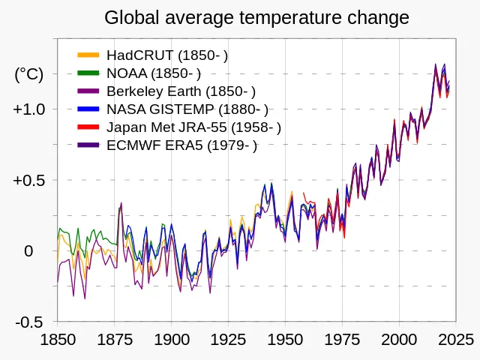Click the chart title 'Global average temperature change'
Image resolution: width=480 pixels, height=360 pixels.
[x=256, y=17]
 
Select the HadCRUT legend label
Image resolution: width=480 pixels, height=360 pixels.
[x=167, y=55]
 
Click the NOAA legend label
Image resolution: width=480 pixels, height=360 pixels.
[x=154, y=73]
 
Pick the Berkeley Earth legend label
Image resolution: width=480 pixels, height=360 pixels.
[x=181, y=91]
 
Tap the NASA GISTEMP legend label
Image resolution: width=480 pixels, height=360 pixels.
[x=187, y=109]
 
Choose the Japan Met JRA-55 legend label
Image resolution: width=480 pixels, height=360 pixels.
[x=193, y=127]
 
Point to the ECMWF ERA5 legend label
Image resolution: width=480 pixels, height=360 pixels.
[x=181, y=145]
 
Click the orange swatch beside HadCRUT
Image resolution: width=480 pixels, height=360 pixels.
[x=88, y=55]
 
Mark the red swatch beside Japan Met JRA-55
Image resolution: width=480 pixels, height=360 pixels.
[x=88, y=127]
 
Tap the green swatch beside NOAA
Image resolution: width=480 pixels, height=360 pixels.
[x=88, y=73]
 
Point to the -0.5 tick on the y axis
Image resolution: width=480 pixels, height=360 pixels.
[x=30, y=322]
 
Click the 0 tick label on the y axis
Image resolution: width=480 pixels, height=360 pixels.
[x=28, y=251]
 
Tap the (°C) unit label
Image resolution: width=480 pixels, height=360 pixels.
[x=29, y=74]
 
